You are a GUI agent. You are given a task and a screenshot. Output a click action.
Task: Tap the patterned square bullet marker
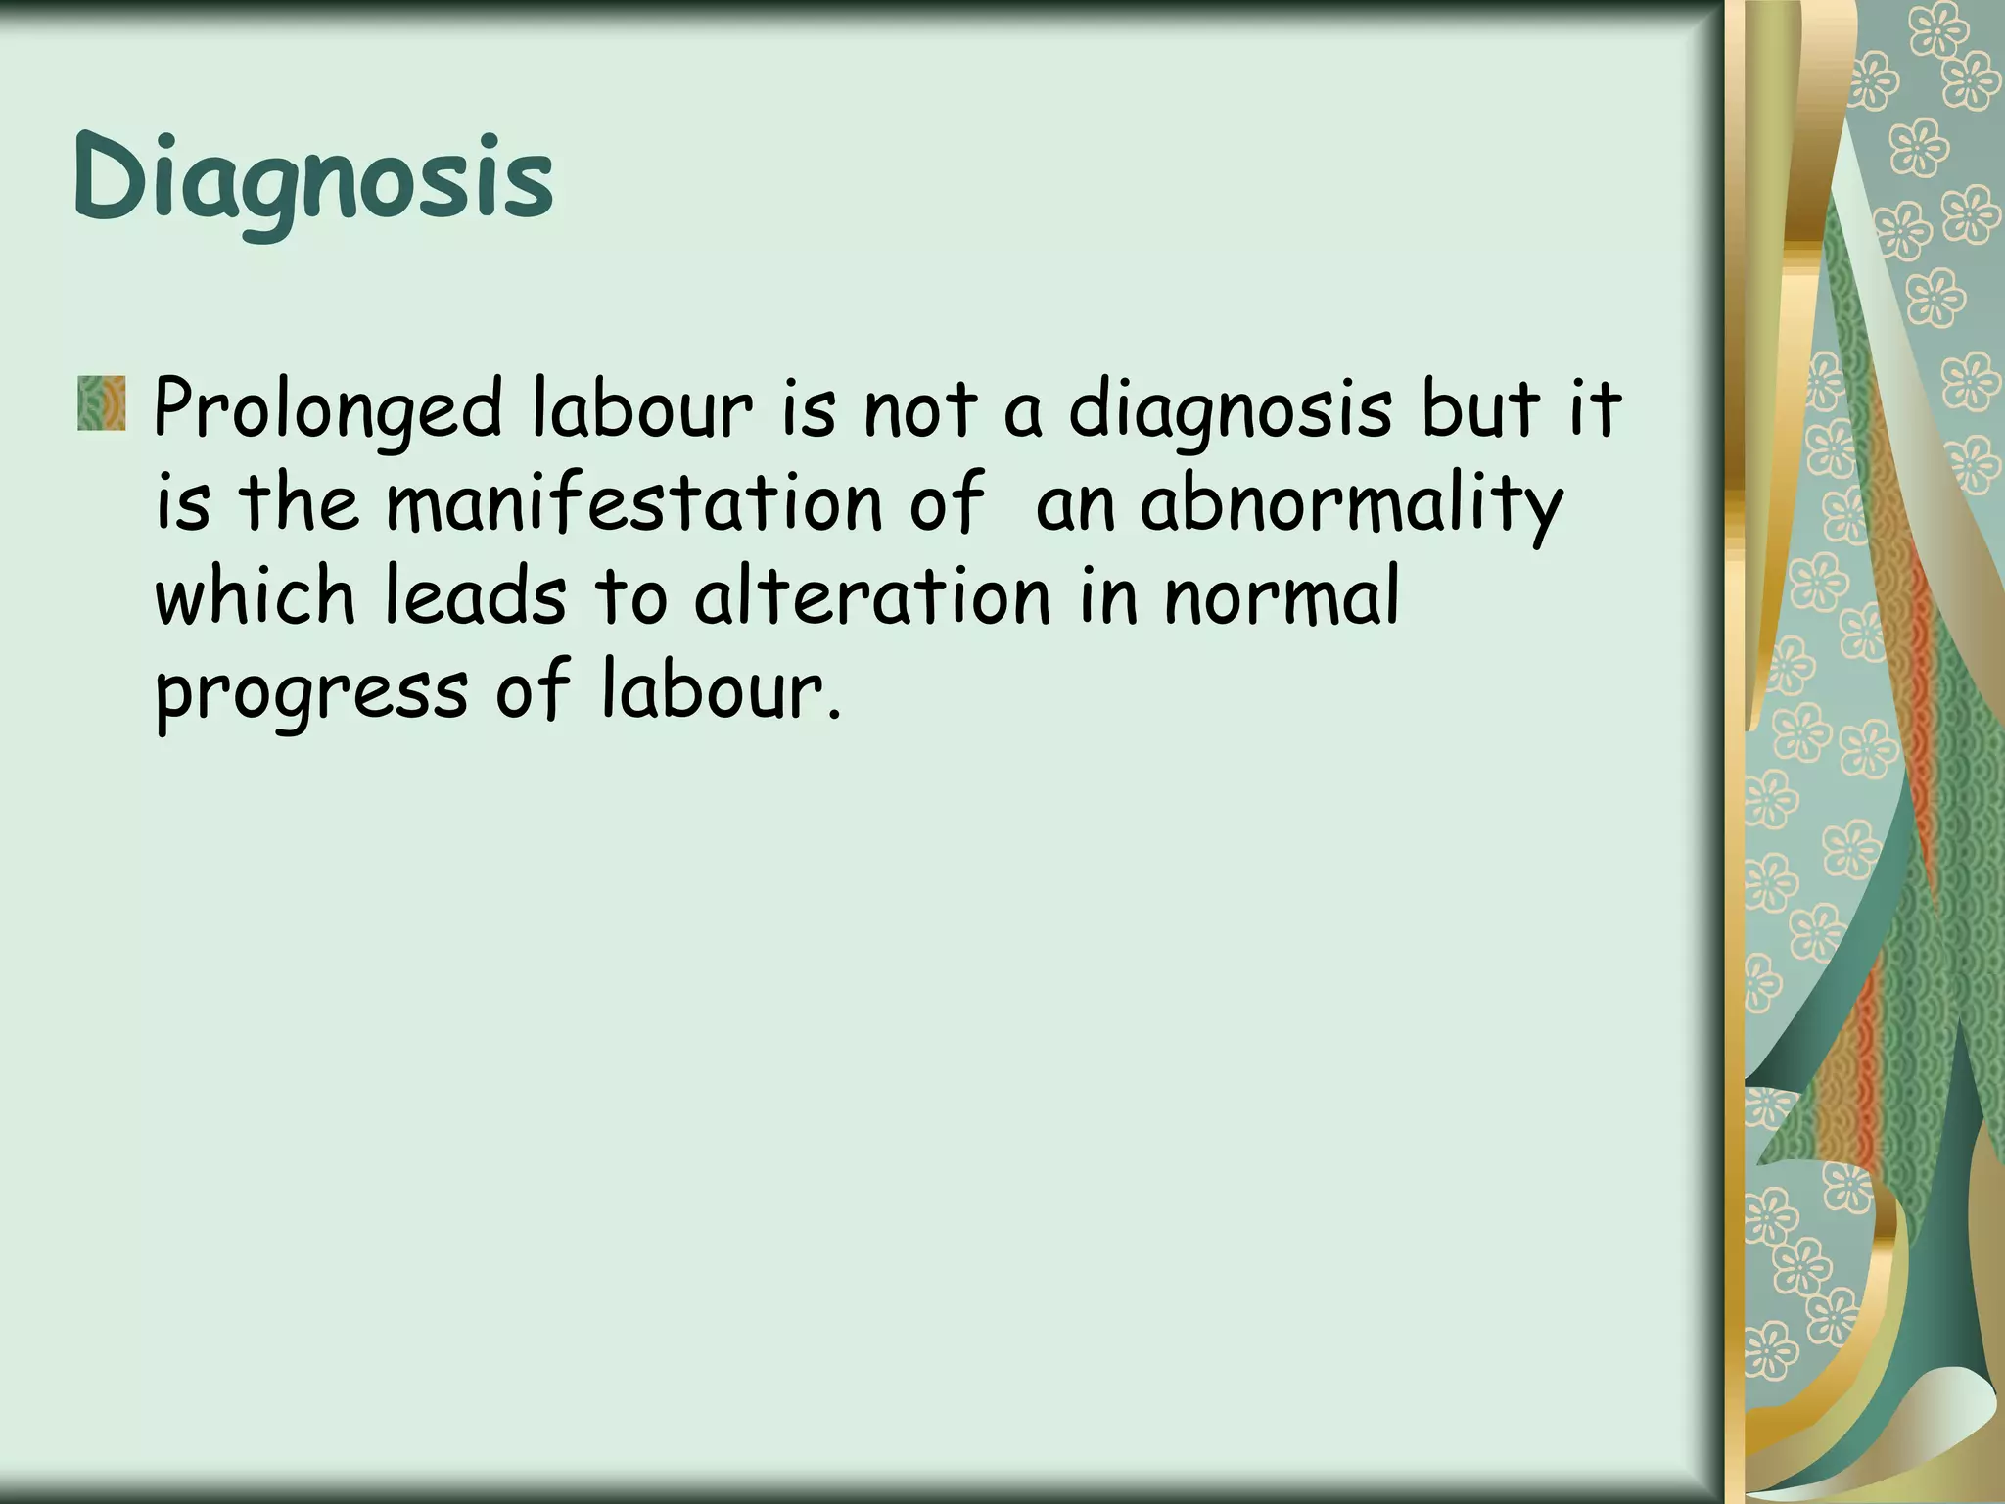(x=102, y=403)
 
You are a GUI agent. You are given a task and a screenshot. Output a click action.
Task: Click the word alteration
(x=872, y=597)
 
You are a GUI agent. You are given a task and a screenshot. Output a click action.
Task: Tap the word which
(x=256, y=597)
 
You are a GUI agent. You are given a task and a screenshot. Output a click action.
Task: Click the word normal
(x=1282, y=597)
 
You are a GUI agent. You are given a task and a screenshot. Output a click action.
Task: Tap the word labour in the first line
(x=642, y=409)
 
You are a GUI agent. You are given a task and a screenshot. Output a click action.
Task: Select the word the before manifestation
(x=299, y=503)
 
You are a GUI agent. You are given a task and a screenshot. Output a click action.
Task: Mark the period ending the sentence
(x=834, y=715)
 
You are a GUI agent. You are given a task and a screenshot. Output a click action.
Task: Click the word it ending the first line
(x=1596, y=409)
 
